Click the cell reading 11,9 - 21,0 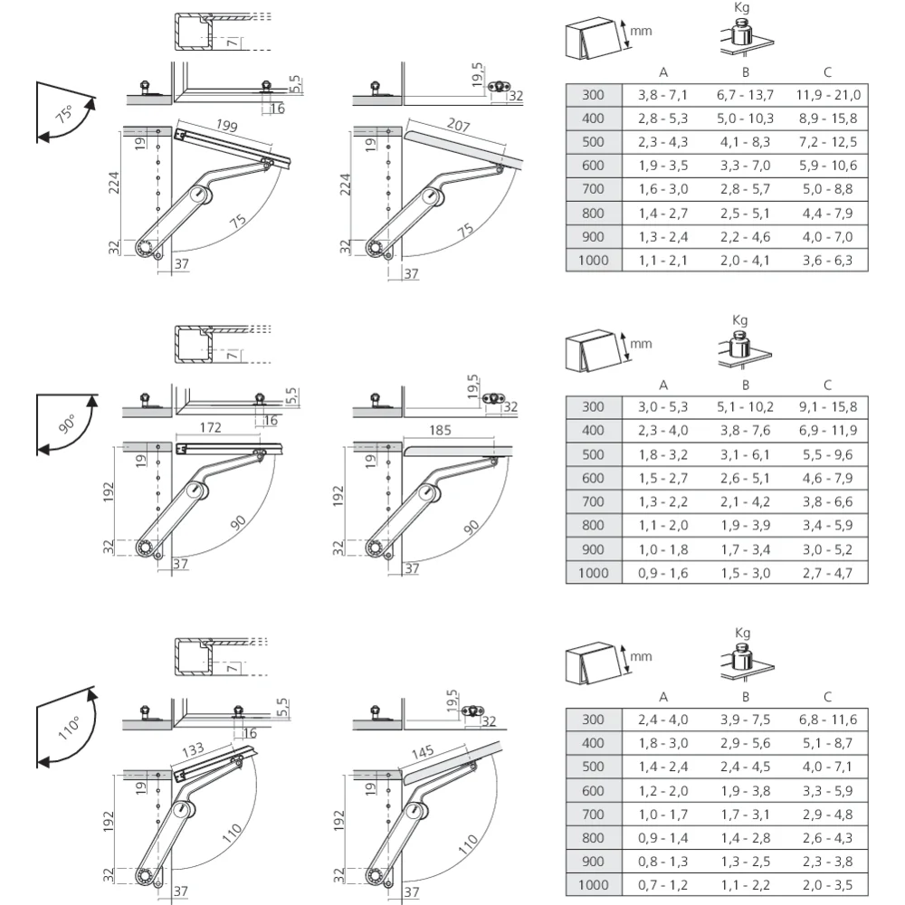pyautogui.click(x=828, y=95)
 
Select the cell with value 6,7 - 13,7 pyautogui.click(x=745, y=95)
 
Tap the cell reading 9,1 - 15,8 pyautogui.click(x=828, y=407)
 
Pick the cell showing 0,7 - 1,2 pyautogui.click(x=663, y=885)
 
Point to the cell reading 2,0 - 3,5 pyautogui.click(x=828, y=885)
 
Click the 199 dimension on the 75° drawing pyautogui.click(x=227, y=125)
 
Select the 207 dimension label pyautogui.click(x=458, y=125)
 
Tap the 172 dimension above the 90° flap pyautogui.click(x=210, y=428)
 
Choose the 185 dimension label pyautogui.click(x=440, y=431)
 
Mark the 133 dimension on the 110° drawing pyautogui.click(x=193, y=750)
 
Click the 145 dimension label pyautogui.click(x=423, y=753)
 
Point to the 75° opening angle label pyautogui.click(x=64, y=114)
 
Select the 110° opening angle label pyautogui.click(x=69, y=729)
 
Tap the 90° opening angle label pyautogui.click(x=67, y=424)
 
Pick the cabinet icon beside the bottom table pyautogui.click(x=594, y=663)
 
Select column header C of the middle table pyautogui.click(x=828, y=385)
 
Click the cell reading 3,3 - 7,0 pyautogui.click(x=745, y=167)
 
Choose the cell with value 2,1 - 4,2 pyautogui.click(x=745, y=502)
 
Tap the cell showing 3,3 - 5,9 pyautogui.click(x=828, y=791)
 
